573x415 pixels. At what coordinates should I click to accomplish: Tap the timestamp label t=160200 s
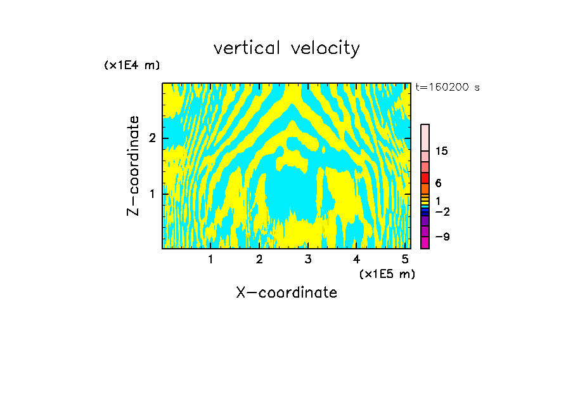click(x=447, y=88)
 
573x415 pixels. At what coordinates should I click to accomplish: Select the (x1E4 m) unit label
click(x=132, y=65)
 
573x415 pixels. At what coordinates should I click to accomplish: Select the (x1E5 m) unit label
click(x=387, y=273)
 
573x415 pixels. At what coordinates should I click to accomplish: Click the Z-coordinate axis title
click(x=133, y=166)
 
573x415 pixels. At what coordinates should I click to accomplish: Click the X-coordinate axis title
click(x=286, y=293)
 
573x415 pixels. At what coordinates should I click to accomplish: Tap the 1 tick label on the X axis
click(x=210, y=259)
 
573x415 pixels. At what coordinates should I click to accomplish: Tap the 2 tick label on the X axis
click(x=259, y=259)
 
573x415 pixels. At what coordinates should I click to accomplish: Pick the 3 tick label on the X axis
click(x=308, y=259)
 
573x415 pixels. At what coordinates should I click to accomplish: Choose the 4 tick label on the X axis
click(x=357, y=259)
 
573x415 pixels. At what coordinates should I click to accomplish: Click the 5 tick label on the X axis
click(x=405, y=259)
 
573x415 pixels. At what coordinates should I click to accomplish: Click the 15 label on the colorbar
click(x=442, y=151)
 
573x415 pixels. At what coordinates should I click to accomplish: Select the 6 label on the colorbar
click(x=438, y=183)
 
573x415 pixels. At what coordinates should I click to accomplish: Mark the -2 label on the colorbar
click(x=442, y=211)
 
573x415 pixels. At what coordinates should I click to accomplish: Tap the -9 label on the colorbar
click(x=442, y=237)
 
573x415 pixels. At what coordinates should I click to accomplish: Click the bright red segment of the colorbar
click(x=425, y=178)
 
